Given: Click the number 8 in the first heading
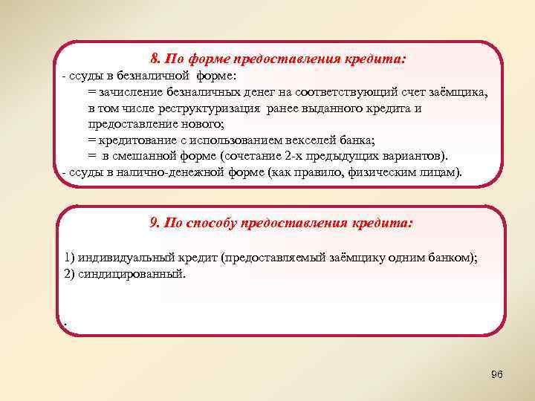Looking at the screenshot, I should point(154,58).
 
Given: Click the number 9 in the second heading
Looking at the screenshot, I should point(154,222).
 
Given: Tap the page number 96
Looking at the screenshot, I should point(497,374).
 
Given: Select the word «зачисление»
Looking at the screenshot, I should point(131,92).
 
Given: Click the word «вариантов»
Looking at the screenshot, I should point(413,157).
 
